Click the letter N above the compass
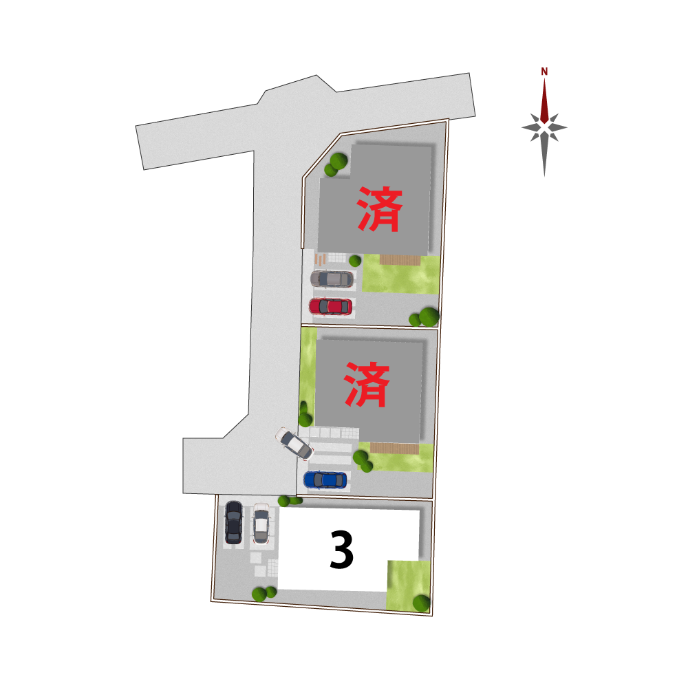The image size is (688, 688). (544, 72)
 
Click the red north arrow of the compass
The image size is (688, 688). (544, 101)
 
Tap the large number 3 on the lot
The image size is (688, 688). (341, 549)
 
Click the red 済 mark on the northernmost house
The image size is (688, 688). (380, 209)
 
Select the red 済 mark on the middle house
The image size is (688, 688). (367, 385)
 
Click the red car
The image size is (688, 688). (330, 306)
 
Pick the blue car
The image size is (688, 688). (325, 480)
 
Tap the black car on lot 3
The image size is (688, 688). (233, 523)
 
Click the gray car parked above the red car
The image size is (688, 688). (332, 279)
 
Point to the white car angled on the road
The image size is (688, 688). (294, 443)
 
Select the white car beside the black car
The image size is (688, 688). (261, 524)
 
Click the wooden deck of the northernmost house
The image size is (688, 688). (400, 260)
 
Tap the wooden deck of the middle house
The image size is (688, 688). (394, 448)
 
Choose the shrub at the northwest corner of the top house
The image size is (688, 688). (336, 164)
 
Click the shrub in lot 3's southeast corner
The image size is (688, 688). (421, 603)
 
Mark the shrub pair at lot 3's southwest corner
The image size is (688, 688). (264, 594)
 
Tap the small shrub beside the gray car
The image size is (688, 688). (355, 261)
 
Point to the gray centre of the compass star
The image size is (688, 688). (544, 128)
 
